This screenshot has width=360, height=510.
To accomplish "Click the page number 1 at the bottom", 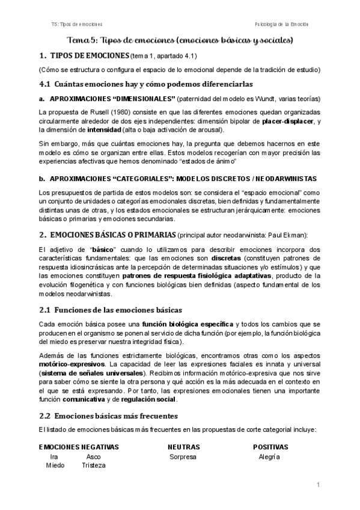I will click(318, 485).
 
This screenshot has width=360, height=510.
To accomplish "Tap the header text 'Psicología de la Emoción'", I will click(281, 24).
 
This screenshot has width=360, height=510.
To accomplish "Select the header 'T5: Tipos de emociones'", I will click(77, 24).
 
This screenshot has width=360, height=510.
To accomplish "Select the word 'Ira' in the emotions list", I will click(55, 456).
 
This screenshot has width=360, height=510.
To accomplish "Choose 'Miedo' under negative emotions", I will click(55, 465).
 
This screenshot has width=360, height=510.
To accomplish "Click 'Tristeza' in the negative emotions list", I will click(94, 465).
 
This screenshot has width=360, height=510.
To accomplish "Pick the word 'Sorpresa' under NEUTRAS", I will click(183, 456).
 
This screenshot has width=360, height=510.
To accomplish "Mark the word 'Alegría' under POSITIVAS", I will click(269, 456).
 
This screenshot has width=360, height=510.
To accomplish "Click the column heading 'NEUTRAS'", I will click(184, 447).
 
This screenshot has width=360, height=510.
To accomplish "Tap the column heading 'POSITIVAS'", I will click(270, 447).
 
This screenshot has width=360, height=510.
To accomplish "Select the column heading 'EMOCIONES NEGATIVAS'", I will click(79, 447).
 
